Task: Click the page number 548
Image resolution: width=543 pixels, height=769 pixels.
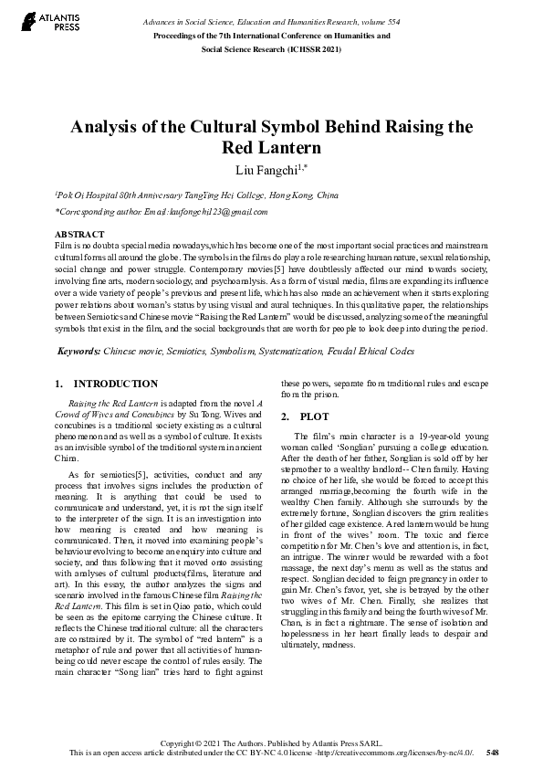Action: point(493,753)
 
